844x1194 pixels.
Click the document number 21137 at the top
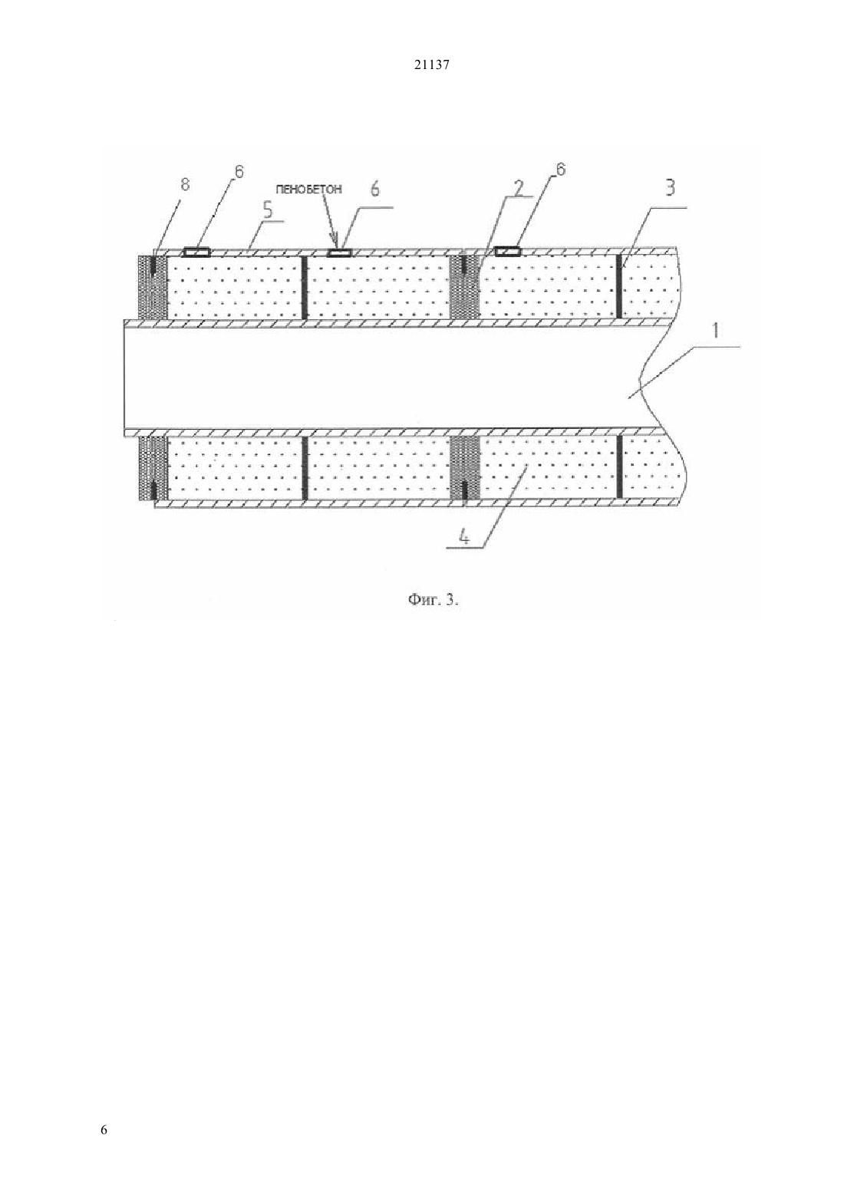(x=431, y=65)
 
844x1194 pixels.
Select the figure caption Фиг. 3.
(x=434, y=600)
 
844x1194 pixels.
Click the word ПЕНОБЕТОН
(x=309, y=190)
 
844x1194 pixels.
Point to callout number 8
(x=184, y=185)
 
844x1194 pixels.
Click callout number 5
(x=267, y=210)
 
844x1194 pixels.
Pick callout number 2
(x=518, y=188)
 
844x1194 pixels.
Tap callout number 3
(x=670, y=188)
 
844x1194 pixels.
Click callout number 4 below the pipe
(x=464, y=538)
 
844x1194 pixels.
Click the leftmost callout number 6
(x=238, y=172)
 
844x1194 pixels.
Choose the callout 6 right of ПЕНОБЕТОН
(x=375, y=189)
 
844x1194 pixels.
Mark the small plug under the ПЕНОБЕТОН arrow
(x=339, y=252)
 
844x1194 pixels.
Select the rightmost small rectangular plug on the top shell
(x=508, y=251)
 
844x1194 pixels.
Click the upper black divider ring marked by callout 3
(x=619, y=287)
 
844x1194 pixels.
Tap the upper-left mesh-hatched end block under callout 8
(x=153, y=287)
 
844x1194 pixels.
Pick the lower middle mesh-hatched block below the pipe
(x=465, y=468)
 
